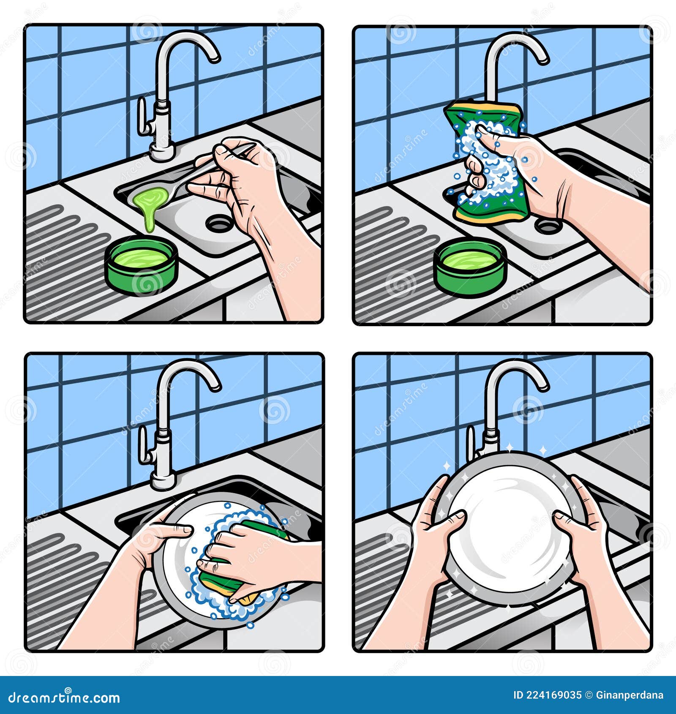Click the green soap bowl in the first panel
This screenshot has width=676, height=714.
tap(141, 264)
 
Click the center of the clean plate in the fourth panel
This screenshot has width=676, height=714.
tap(509, 528)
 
